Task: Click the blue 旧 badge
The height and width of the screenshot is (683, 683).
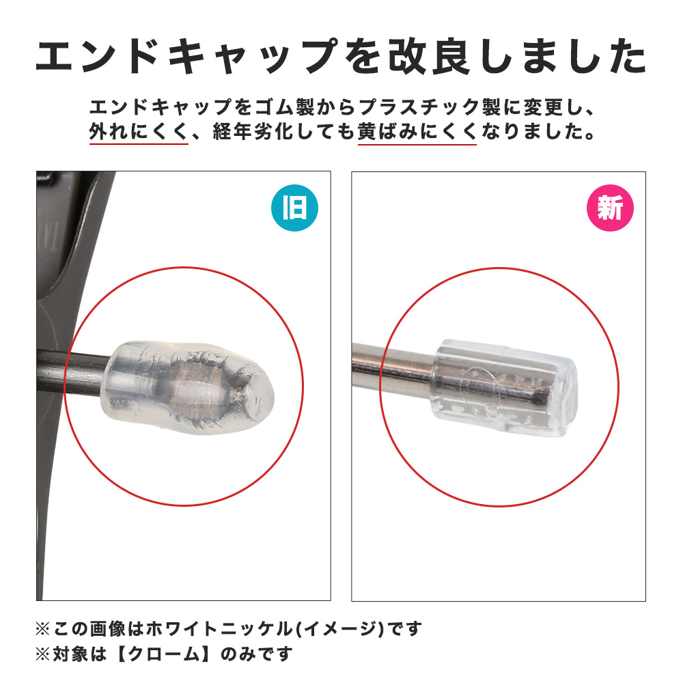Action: [x=294, y=208]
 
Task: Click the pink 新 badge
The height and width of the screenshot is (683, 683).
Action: [x=610, y=208]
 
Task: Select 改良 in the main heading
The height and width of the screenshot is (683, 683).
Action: [x=429, y=57]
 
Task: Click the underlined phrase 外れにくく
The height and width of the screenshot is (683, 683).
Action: [x=139, y=131]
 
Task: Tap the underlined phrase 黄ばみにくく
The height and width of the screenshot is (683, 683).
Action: [x=417, y=131]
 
